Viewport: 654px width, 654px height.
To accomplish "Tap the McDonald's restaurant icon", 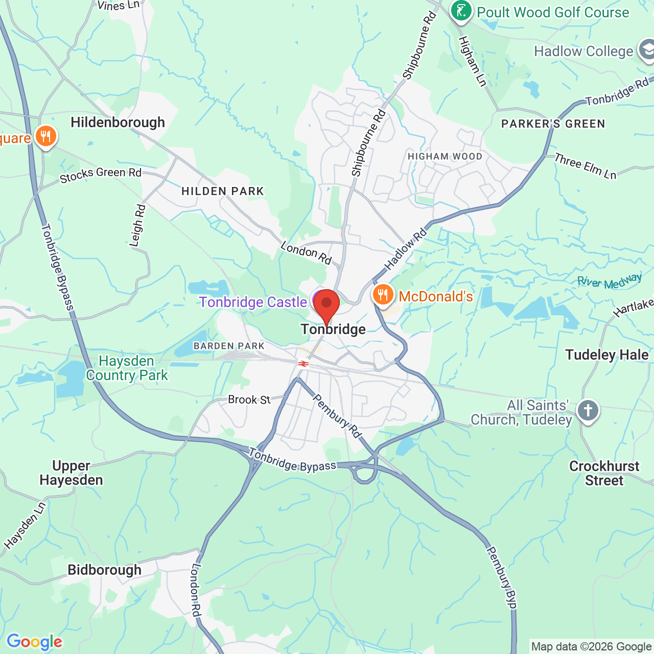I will tap(383, 295).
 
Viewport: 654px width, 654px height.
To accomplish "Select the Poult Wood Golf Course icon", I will tap(461, 11).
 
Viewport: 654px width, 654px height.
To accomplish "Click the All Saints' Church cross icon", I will tap(588, 410).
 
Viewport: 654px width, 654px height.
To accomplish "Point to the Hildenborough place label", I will tap(118, 123).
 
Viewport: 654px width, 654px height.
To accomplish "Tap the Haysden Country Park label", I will tap(127, 368).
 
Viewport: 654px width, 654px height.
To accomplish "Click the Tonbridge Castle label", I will tap(253, 302).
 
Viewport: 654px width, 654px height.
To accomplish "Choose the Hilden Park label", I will tap(223, 191).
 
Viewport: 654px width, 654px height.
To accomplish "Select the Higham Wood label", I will tap(445, 156).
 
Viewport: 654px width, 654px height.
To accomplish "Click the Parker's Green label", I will tap(553, 124).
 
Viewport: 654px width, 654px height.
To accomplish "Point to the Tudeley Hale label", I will tap(606, 355).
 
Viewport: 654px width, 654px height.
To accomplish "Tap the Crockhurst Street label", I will tap(604, 473).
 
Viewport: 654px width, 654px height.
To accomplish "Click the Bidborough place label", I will tap(104, 570).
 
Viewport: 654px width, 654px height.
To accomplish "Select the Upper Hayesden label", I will tap(71, 473).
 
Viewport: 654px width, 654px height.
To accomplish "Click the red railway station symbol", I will tap(303, 363).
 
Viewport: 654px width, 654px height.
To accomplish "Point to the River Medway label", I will tap(609, 282).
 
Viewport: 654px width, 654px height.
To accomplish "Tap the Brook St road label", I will tap(249, 400).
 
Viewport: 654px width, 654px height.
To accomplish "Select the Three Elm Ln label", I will tap(586, 167).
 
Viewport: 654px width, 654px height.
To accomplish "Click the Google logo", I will tap(35, 642).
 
